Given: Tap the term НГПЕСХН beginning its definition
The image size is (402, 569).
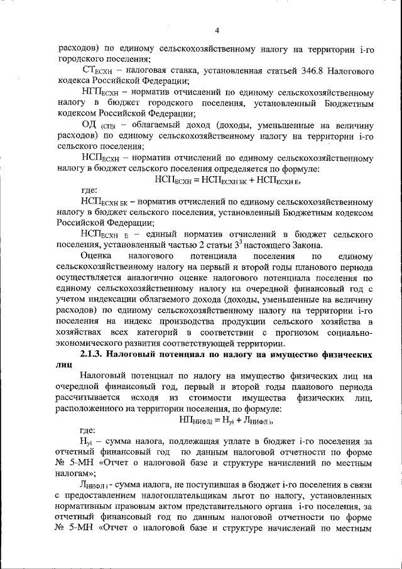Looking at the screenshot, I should (x=100, y=92).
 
